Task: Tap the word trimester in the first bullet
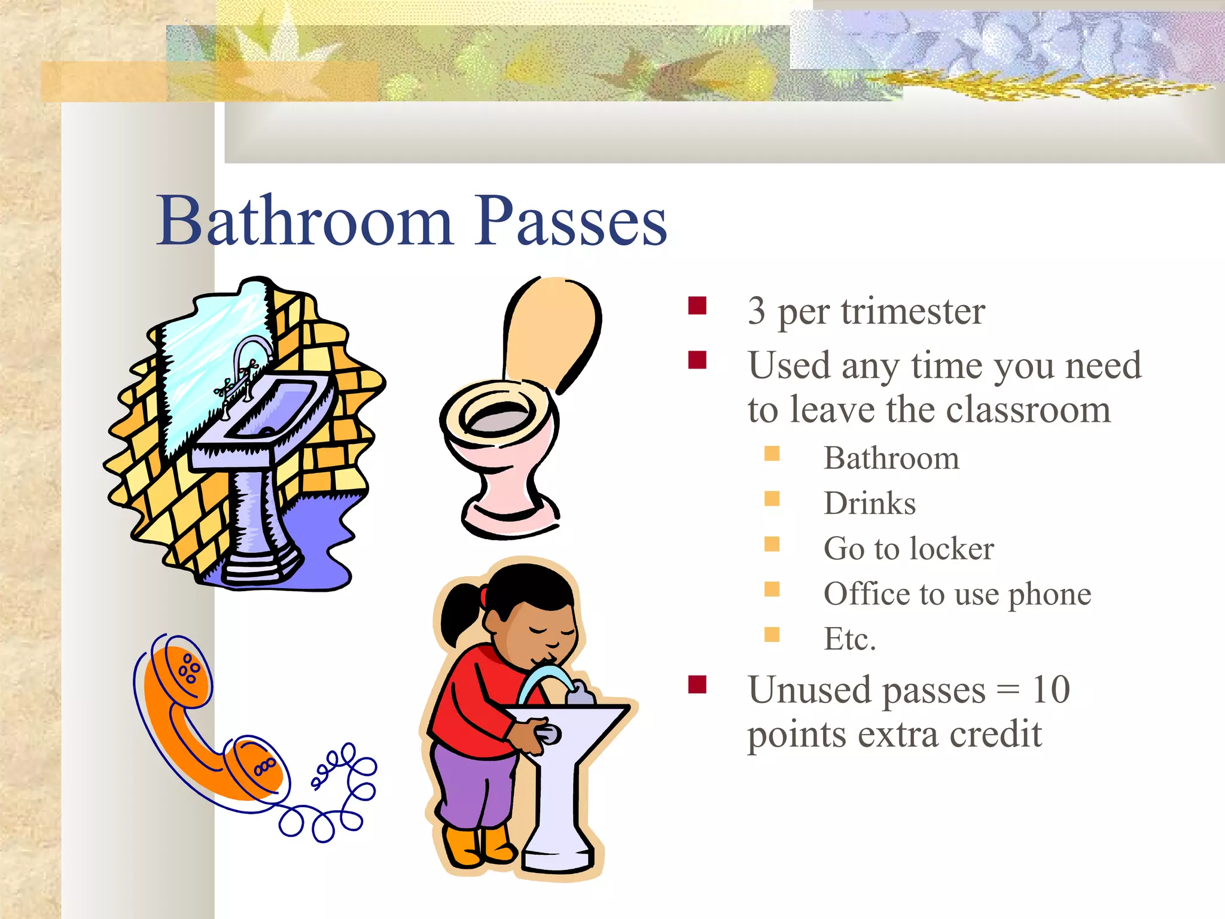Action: tap(913, 312)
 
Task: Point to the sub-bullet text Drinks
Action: tap(869, 503)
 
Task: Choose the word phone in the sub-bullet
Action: tap(1049, 594)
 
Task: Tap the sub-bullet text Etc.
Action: tap(849, 639)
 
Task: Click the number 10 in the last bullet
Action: tap(1051, 690)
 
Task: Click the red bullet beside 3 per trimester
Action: tap(697, 306)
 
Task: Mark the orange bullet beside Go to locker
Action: tap(772, 544)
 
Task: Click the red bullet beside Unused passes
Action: tap(697, 684)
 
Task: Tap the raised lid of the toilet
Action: tap(551, 329)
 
